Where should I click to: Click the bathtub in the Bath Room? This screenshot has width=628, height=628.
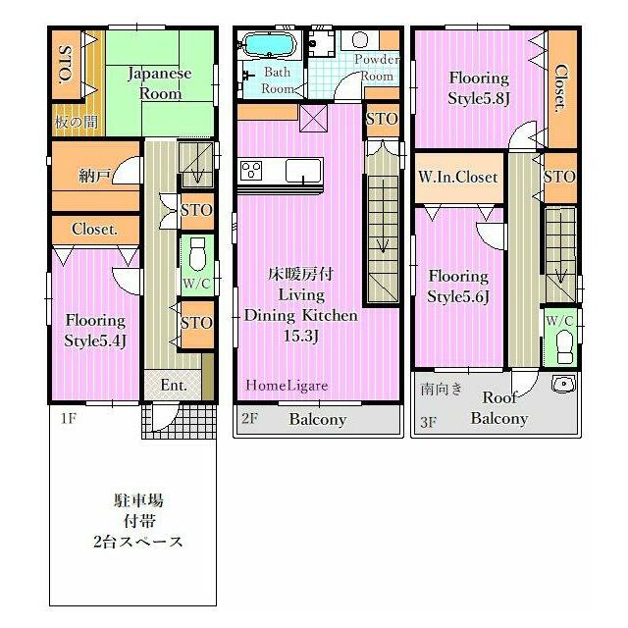pos(270,44)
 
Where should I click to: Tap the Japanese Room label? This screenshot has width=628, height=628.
pos(159,83)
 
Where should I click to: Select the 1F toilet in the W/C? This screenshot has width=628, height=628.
pos(196,254)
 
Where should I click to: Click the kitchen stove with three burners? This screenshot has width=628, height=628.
pos(251,170)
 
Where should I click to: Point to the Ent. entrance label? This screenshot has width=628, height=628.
pos(174,386)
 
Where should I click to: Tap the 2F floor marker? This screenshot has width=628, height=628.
pos(249,418)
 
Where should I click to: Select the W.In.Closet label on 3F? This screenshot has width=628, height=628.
pos(458,177)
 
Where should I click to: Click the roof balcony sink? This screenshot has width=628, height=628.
pos(564,384)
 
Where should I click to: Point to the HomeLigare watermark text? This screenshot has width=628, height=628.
pos(287,386)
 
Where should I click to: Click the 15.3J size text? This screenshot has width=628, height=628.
pos(301,336)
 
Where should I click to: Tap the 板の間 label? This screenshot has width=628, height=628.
pos(77,122)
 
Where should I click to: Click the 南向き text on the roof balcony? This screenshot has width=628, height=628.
pos(442,389)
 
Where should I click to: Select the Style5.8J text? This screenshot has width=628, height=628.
pos(479,98)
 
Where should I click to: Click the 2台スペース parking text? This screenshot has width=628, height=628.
pos(138,542)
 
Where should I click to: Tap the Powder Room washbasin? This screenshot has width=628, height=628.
pos(360,40)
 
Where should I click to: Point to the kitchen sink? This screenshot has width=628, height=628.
pos(303,170)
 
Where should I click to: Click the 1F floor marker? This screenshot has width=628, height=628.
pos(68,419)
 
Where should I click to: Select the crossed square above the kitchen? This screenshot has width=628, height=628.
pos(314,118)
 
